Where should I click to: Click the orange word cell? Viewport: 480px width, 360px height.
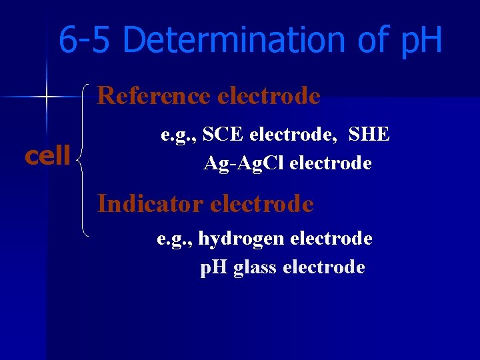pos(47,155)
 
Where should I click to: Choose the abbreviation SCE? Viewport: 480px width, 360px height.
pos(225,134)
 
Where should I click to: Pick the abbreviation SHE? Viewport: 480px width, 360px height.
pos(369,134)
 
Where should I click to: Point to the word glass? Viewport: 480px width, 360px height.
pos(256,267)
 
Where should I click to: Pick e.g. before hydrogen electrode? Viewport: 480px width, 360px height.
pos(174,239)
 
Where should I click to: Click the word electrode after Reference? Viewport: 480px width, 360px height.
pos(269,96)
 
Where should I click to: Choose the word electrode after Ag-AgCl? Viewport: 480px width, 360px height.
pos(331,162)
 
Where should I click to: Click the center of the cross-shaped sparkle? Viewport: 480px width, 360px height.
pos(46,97)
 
